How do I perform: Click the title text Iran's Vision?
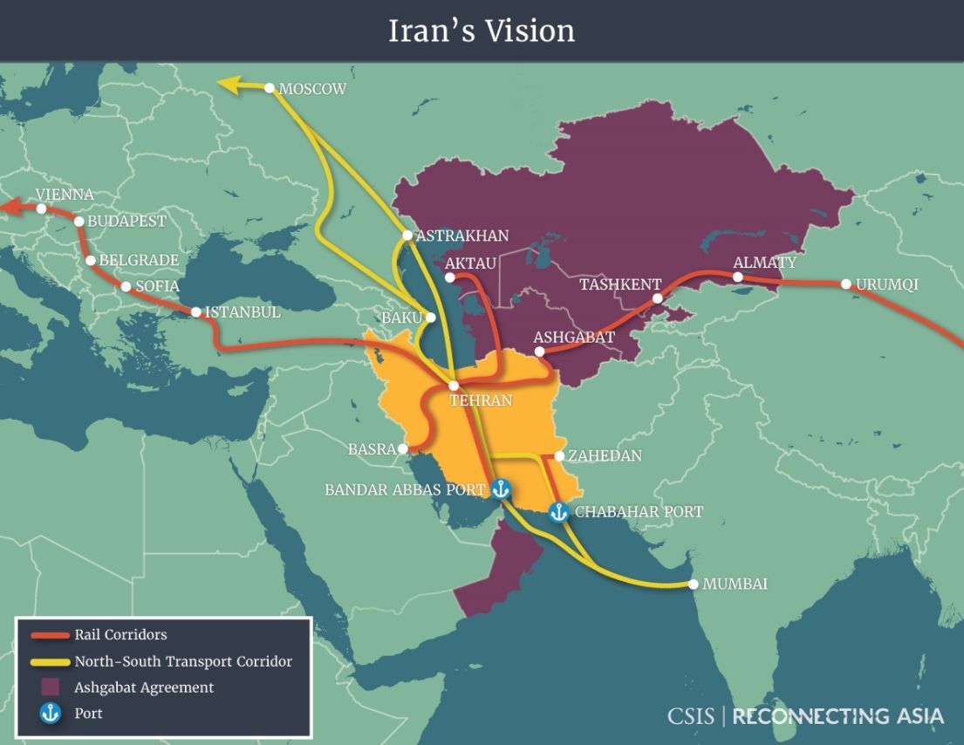[482, 31]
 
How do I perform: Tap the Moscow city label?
[312, 89]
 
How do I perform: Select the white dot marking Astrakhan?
[407, 236]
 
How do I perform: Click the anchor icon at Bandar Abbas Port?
[500, 489]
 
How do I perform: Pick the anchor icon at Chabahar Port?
[559, 512]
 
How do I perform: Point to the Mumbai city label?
[735, 584]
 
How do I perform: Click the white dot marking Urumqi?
[845, 284]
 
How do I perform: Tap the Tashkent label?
[620, 284]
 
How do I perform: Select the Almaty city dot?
[737, 277]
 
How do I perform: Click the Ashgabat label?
[574, 337]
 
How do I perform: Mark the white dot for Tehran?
[454, 386]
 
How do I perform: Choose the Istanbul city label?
[243, 311]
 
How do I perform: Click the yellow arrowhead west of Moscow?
[229, 84]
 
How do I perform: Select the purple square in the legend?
[50, 687]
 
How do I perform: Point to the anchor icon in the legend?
[50, 714]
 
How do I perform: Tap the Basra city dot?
[403, 449]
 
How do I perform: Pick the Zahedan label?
[604, 455]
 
